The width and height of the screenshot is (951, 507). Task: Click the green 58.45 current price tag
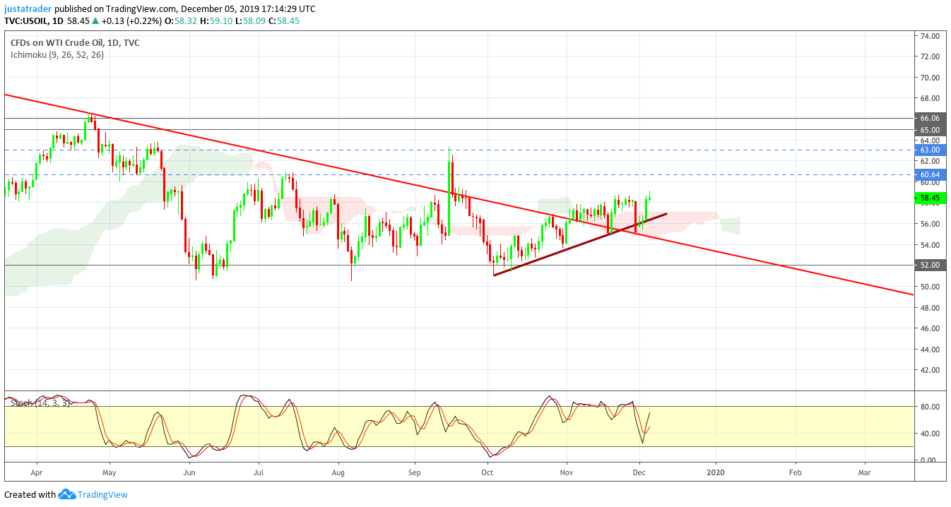[x=931, y=198]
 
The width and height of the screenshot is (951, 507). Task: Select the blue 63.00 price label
[x=931, y=150]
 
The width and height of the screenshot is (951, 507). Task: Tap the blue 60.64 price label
[x=931, y=174]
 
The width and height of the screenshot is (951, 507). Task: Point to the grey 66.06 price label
[x=931, y=118]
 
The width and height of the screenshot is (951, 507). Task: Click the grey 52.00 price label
[x=931, y=265]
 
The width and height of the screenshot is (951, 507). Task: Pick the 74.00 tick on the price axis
[x=929, y=36]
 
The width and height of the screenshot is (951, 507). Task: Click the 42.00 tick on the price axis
[x=929, y=370]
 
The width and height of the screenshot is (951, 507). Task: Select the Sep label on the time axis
[x=414, y=472]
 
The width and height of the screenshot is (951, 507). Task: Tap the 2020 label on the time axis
[x=716, y=472]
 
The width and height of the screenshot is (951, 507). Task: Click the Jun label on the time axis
[x=189, y=472]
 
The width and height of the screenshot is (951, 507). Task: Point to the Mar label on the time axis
[x=864, y=472]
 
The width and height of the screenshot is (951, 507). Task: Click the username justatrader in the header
[x=28, y=9]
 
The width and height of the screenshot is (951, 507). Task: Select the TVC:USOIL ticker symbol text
[x=26, y=20]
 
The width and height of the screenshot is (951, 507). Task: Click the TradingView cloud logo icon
[x=66, y=494]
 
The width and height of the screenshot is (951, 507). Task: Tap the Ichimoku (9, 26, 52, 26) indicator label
[x=57, y=55]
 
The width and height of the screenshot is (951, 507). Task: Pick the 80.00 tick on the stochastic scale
[x=929, y=407]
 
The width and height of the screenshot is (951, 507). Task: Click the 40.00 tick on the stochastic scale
[x=929, y=433]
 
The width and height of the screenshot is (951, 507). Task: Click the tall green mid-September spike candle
[x=449, y=191]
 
